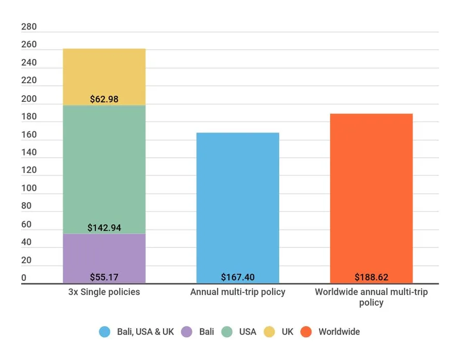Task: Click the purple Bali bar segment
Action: tap(104, 256)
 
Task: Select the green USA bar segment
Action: tap(104, 166)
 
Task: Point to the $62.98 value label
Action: tap(104, 99)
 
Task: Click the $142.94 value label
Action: tap(104, 228)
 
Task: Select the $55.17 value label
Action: tap(104, 277)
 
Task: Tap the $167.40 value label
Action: tap(238, 277)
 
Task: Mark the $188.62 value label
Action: tap(371, 277)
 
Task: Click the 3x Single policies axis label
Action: tap(104, 292)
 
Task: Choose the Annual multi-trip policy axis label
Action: tap(238, 292)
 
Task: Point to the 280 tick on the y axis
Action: tap(29, 27)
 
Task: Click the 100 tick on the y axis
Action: tap(29, 188)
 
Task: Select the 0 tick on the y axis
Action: tap(24, 278)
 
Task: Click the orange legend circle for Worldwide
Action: tap(307, 332)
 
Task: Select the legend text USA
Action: tap(247, 332)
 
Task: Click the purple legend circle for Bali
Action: tap(187, 332)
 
